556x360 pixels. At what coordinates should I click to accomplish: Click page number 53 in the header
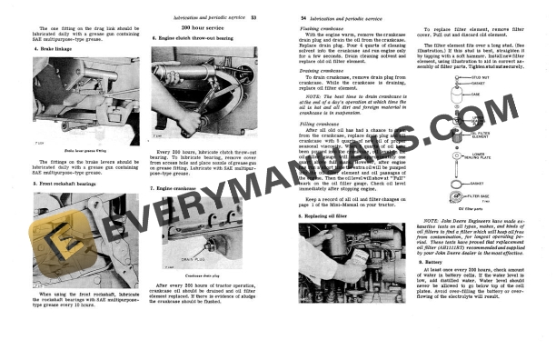(x=256, y=18)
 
